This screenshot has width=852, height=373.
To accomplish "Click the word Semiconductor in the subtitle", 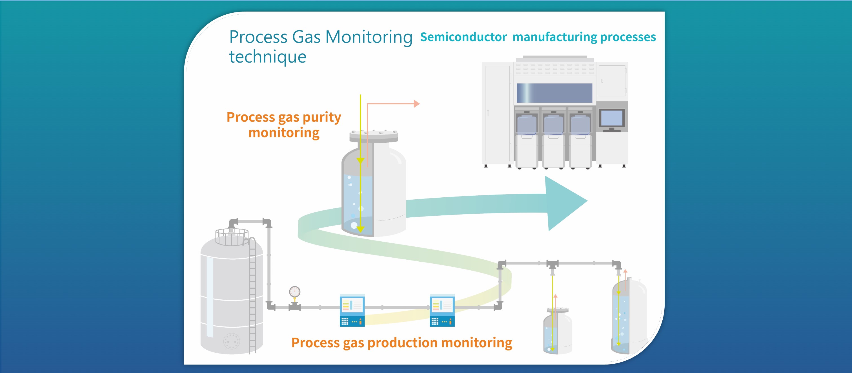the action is tap(463, 37).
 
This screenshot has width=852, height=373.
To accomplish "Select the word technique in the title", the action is tap(268, 57).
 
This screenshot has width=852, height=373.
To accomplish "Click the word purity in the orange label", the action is tap(322, 118).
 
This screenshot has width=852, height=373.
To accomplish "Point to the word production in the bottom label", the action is tap(402, 343).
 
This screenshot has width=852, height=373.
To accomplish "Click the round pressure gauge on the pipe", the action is tap(295, 292).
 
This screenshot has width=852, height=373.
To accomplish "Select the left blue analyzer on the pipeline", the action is tap(352, 310).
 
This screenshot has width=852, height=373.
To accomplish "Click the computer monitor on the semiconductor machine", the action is tap(612, 119).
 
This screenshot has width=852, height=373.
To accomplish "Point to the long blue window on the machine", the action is tap(554, 93).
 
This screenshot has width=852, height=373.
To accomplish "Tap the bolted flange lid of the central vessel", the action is tap(374, 136).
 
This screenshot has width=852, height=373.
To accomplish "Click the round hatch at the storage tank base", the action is tap(232, 341).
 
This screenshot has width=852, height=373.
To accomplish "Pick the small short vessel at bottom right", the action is tap(558, 331).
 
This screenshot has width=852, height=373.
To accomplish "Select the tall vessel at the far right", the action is tap(629, 316).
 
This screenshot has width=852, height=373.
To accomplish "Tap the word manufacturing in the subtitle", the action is tap(555, 37).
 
